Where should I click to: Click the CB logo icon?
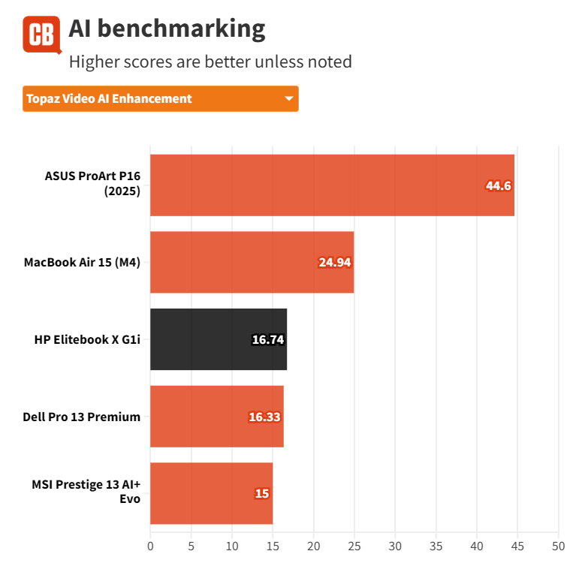click(41, 35)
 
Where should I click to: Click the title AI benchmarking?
click(167, 29)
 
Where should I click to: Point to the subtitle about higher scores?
click(210, 62)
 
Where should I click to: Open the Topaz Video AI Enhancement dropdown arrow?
click(288, 99)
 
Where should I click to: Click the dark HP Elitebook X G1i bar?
click(218, 339)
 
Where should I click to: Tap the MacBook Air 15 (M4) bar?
click(252, 262)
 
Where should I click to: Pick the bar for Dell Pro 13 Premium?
click(216, 417)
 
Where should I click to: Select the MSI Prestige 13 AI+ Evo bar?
click(211, 493)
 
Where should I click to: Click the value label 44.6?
click(498, 185)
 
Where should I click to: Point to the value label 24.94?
click(335, 263)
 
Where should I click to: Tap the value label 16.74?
click(267, 340)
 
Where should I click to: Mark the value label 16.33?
click(264, 417)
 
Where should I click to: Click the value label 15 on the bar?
click(261, 494)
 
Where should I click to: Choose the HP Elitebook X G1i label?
click(87, 339)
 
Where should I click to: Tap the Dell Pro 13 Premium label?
click(82, 417)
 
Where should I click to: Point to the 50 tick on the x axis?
click(557, 546)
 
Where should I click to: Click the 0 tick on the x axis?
click(150, 546)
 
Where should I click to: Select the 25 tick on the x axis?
click(354, 546)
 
